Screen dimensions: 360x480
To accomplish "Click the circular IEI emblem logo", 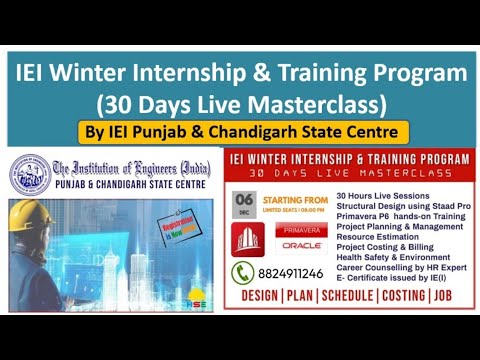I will (x=29, y=172).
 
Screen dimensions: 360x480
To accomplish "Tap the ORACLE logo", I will (x=301, y=244).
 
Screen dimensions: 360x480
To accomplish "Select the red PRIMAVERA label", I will (x=301, y=228).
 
